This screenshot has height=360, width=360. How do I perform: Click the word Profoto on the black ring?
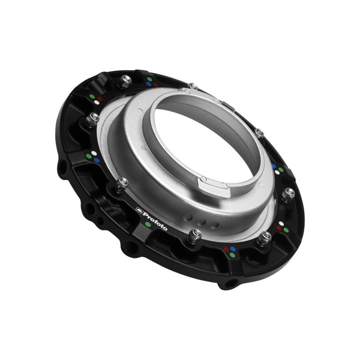[x=154, y=217]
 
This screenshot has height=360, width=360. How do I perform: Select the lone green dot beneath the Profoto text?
[x=148, y=224]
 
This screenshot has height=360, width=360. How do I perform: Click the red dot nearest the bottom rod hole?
[x=227, y=249]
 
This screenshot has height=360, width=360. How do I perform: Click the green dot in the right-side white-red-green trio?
[x=286, y=230]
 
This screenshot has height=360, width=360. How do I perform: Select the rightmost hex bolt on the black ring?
[x=289, y=193]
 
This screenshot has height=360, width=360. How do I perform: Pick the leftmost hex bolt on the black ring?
[x=93, y=119]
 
